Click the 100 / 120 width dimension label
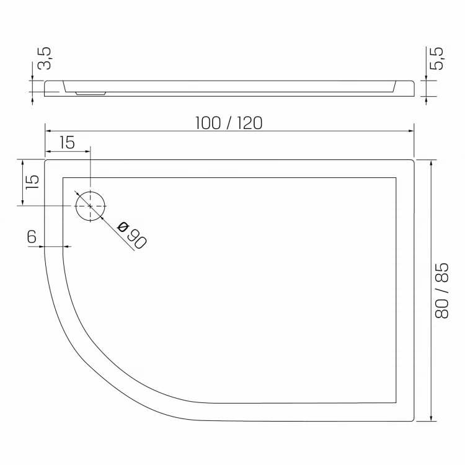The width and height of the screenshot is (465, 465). tap(229, 123)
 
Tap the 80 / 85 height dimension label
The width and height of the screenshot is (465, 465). tap(441, 291)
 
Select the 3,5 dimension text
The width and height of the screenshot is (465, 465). tap(44, 58)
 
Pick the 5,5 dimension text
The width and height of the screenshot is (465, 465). tap(437, 58)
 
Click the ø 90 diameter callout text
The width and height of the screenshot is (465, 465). tap(132, 235)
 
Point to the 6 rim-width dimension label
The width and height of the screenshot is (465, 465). tap(32, 236)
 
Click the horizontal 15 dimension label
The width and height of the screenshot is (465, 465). tap(68, 143)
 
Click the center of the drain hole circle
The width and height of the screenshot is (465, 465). tap(91, 206)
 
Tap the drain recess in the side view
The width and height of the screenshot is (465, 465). tap(91, 94)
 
